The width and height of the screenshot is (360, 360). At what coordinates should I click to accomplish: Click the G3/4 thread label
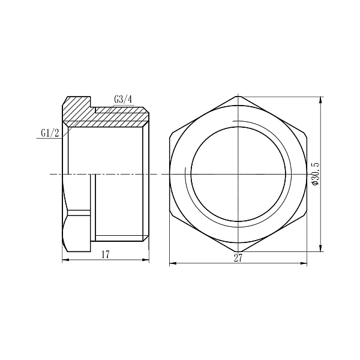click(122, 100)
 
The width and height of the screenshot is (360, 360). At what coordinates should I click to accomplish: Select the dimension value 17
click(105, 254)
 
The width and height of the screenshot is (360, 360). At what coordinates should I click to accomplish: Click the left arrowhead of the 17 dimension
click(65, 260)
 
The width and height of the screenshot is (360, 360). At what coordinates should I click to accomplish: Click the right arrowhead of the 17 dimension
click(146, 260)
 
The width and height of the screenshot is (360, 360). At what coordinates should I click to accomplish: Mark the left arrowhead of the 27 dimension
click(172, 263)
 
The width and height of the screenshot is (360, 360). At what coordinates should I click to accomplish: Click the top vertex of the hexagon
click(239, 96)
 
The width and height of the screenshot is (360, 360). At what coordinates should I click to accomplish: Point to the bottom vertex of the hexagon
click(239, 252)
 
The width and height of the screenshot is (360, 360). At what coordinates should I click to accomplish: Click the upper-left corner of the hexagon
click(170, 135)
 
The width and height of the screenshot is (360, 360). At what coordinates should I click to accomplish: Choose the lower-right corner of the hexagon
click(307, 213)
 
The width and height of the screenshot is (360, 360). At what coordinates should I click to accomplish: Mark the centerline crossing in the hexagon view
click(239, 174)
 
